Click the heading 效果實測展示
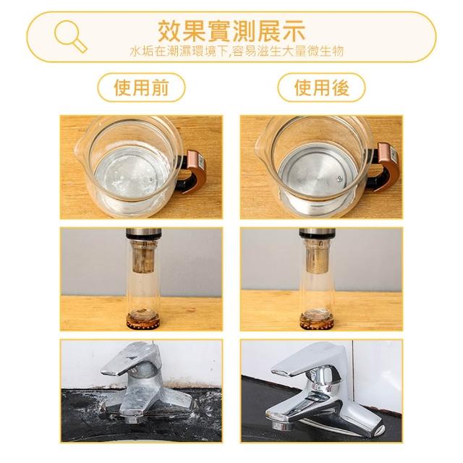click(x=231, y=31)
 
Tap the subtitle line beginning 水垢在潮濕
click(x=237, y=51)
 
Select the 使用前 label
click(x=141, y=88)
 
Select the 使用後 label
click(x=321, y=88)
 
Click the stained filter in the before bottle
click(x=143, y=256)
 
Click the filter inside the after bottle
click(x=317, y=256)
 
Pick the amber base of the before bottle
click(x=143, y=320)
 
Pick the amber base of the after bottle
click(x=317, y=320)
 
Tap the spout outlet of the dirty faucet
click(x=133, y=419)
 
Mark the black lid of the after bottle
click(x=317, y=233)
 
